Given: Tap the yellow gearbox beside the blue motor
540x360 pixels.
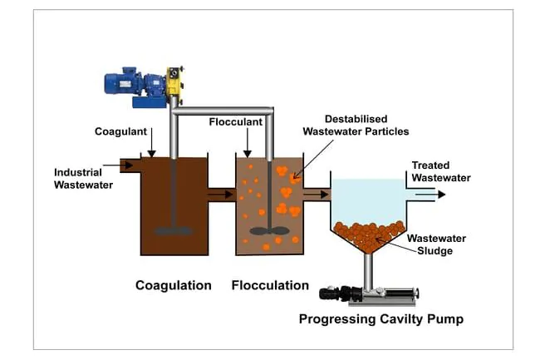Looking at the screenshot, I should (x=174, y=82).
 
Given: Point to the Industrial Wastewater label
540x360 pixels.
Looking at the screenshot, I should (x=83, y=178).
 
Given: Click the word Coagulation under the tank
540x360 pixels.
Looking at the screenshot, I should (x=174, y=285).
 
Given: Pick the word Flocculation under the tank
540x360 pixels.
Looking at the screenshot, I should (x=271, y=285).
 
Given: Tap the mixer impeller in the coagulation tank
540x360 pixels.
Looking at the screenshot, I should (x=174, y=229).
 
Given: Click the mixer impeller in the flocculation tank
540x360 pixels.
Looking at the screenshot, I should (x=269, y=230).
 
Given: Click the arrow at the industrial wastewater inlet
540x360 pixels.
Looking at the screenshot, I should (x=127, y=165).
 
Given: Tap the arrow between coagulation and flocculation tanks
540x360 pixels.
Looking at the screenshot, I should (x=222, y=195).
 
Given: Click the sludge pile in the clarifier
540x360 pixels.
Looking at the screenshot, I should (x=369, y=232).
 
